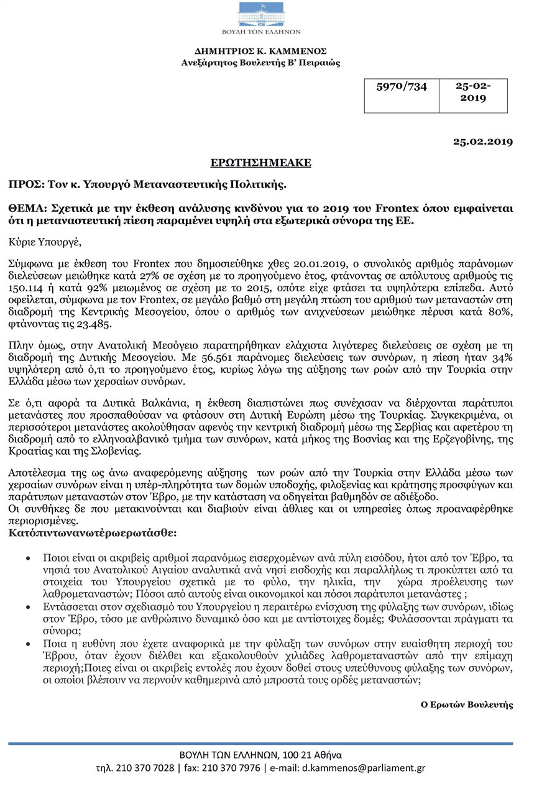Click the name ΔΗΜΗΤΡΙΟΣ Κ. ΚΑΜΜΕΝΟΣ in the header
pyautogui.click(x=260, y=51)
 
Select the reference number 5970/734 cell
pyautogui.click(x=402, y=87)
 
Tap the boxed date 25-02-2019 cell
pyautogui.click(x=473, y=93)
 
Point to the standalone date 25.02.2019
pyautogui.click(x=483, y=142)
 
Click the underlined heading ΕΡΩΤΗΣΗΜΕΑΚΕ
pyautogui.click(x=260, y=163)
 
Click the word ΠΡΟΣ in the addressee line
pyautogui.click(x=21, y=185)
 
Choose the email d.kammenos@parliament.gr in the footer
pyautogui.click(x=364, y=768)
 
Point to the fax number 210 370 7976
pyautogui.click(x=231, y=768)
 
